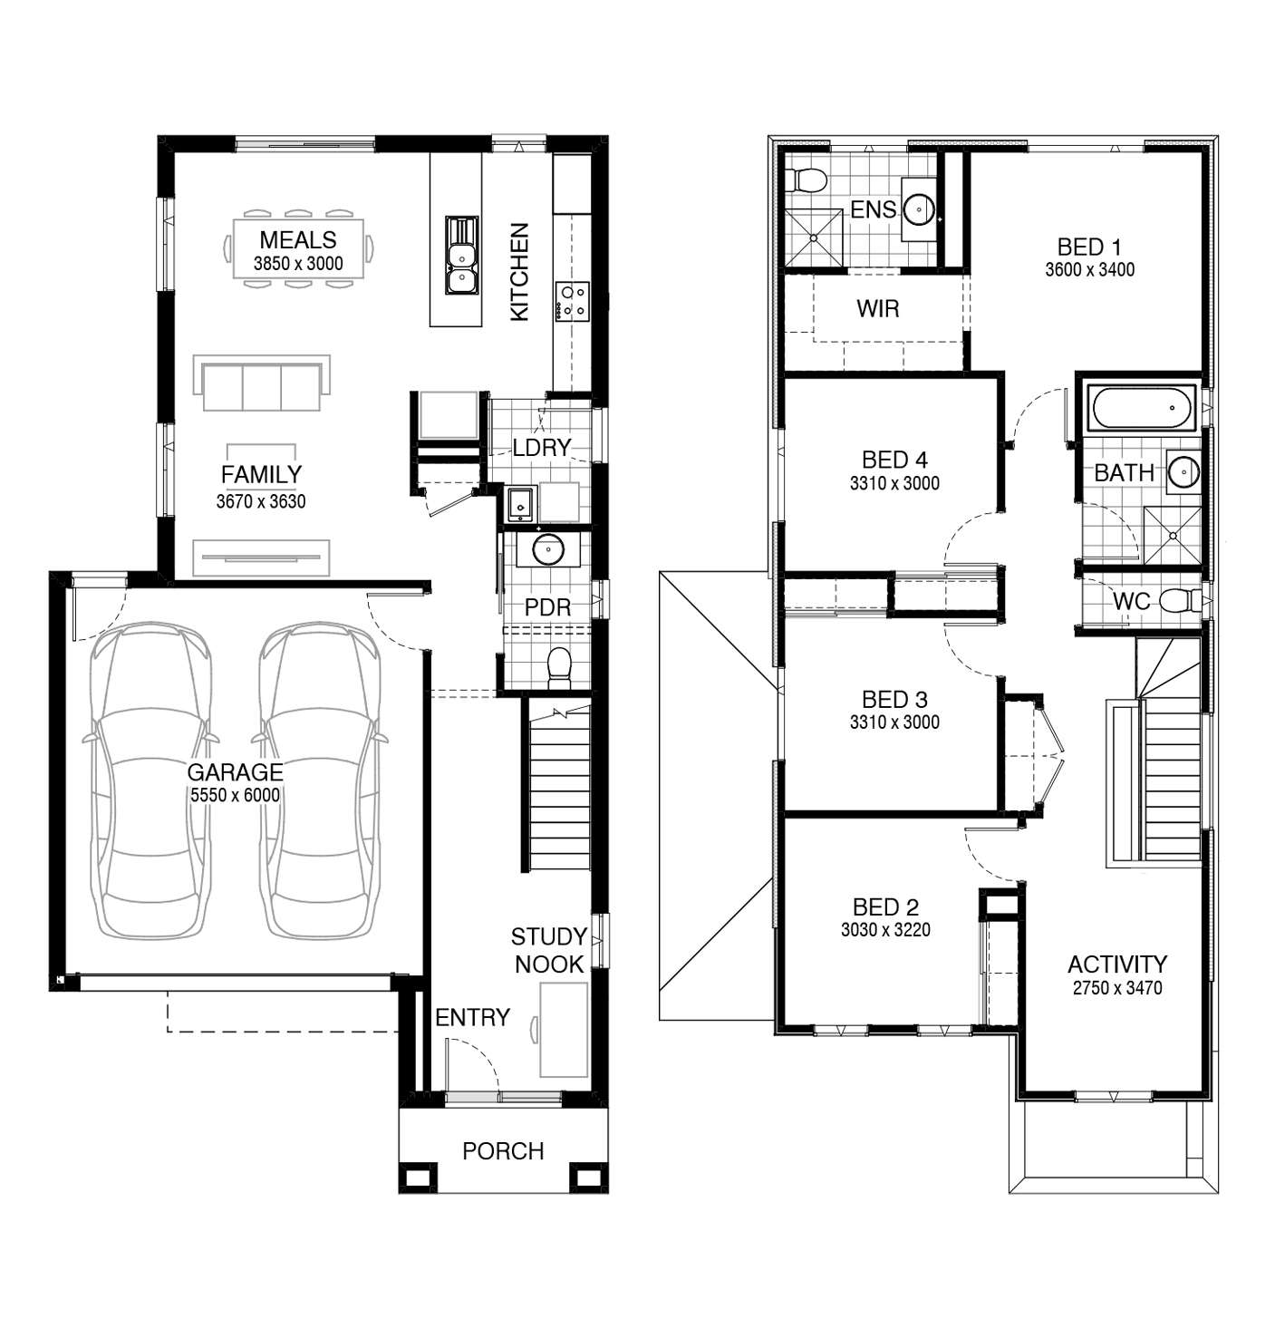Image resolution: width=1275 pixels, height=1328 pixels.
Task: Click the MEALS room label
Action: click(298, 239)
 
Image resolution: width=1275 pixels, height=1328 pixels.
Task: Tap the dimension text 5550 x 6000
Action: click(236, 795)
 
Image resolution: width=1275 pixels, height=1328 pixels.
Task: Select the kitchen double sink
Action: click(462, 256)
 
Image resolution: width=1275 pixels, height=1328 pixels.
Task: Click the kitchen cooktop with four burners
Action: click(573, 301)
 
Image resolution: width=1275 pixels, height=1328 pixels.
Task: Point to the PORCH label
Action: click(504, 1151)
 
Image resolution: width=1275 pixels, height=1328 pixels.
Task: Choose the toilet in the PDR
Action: click(559, 668)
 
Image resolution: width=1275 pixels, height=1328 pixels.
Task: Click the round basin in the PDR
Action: click(548, 549)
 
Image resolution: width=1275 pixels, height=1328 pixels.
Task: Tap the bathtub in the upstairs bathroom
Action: click(1142, 408)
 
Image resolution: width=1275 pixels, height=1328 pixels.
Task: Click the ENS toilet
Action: click(806, 179)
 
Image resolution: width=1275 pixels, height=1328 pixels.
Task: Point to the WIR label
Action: click(878, 308)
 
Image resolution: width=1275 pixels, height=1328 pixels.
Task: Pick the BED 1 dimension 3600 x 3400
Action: click(1090, 269)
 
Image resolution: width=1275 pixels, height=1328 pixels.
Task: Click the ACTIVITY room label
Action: click(1117, 964)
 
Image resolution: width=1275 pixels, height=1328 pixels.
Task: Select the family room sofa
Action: click(262, 383)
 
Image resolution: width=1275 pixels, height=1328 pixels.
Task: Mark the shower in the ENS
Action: click(814, 237)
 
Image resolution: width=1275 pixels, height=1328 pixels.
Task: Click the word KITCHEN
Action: click(519, 272)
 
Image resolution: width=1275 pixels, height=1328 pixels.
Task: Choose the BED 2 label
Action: click(885, 907)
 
